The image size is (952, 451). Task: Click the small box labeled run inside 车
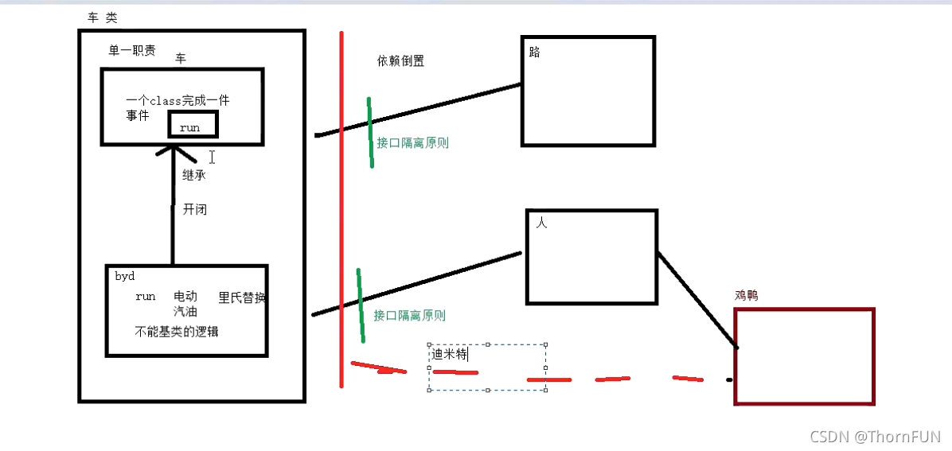click(193, 126)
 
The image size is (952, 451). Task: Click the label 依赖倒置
click(400, 61)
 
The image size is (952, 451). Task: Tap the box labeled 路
click(587, 91)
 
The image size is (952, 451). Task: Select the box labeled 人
click(591, 256)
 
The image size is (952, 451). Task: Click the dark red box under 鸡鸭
click(804, 356)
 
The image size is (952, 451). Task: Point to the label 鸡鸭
click(746, 295)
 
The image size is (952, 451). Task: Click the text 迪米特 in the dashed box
click(450, 354)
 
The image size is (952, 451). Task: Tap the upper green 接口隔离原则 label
click(413, 143)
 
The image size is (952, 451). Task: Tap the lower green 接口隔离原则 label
click(409, 315)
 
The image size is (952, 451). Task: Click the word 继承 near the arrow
click(193, 175)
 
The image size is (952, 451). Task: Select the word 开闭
click(195, 210)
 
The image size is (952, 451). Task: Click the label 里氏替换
click(242, 297)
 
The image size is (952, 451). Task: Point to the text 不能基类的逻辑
click(177, 332)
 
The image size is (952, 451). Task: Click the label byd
click(125, 277)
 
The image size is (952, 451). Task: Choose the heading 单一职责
click(132, 51)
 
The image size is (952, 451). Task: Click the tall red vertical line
click(341, 207)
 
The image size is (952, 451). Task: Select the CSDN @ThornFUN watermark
click(875, 437)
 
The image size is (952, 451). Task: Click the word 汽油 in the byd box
click(185, 311)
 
